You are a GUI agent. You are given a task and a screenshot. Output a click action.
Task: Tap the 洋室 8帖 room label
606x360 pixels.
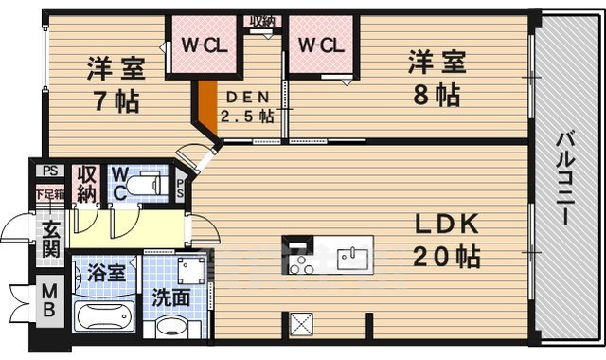[x=436, y=79]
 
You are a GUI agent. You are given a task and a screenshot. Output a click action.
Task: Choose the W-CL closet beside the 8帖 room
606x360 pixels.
[x=321, y=44]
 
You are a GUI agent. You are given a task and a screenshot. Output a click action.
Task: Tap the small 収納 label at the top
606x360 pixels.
[x=261, y=21]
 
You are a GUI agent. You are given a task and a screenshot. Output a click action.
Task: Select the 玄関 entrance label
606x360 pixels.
[x=49, y=242]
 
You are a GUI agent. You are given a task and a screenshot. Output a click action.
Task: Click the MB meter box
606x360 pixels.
[x=49, y=302]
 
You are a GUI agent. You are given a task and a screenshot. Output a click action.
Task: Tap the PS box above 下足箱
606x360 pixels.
[x=48, y=172]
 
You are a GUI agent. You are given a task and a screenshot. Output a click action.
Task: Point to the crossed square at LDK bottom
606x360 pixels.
[x=304, y=323]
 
